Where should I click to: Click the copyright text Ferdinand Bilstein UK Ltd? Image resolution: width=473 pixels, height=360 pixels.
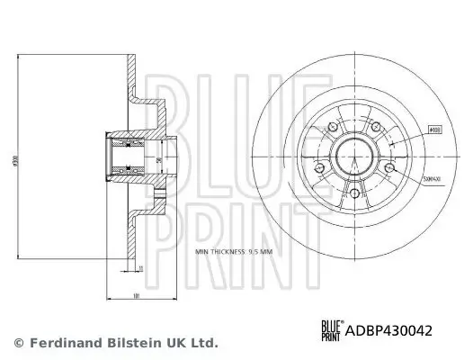(x=126, y=343)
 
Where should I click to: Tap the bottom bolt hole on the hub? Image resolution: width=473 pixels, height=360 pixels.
(x=354, y=193)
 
